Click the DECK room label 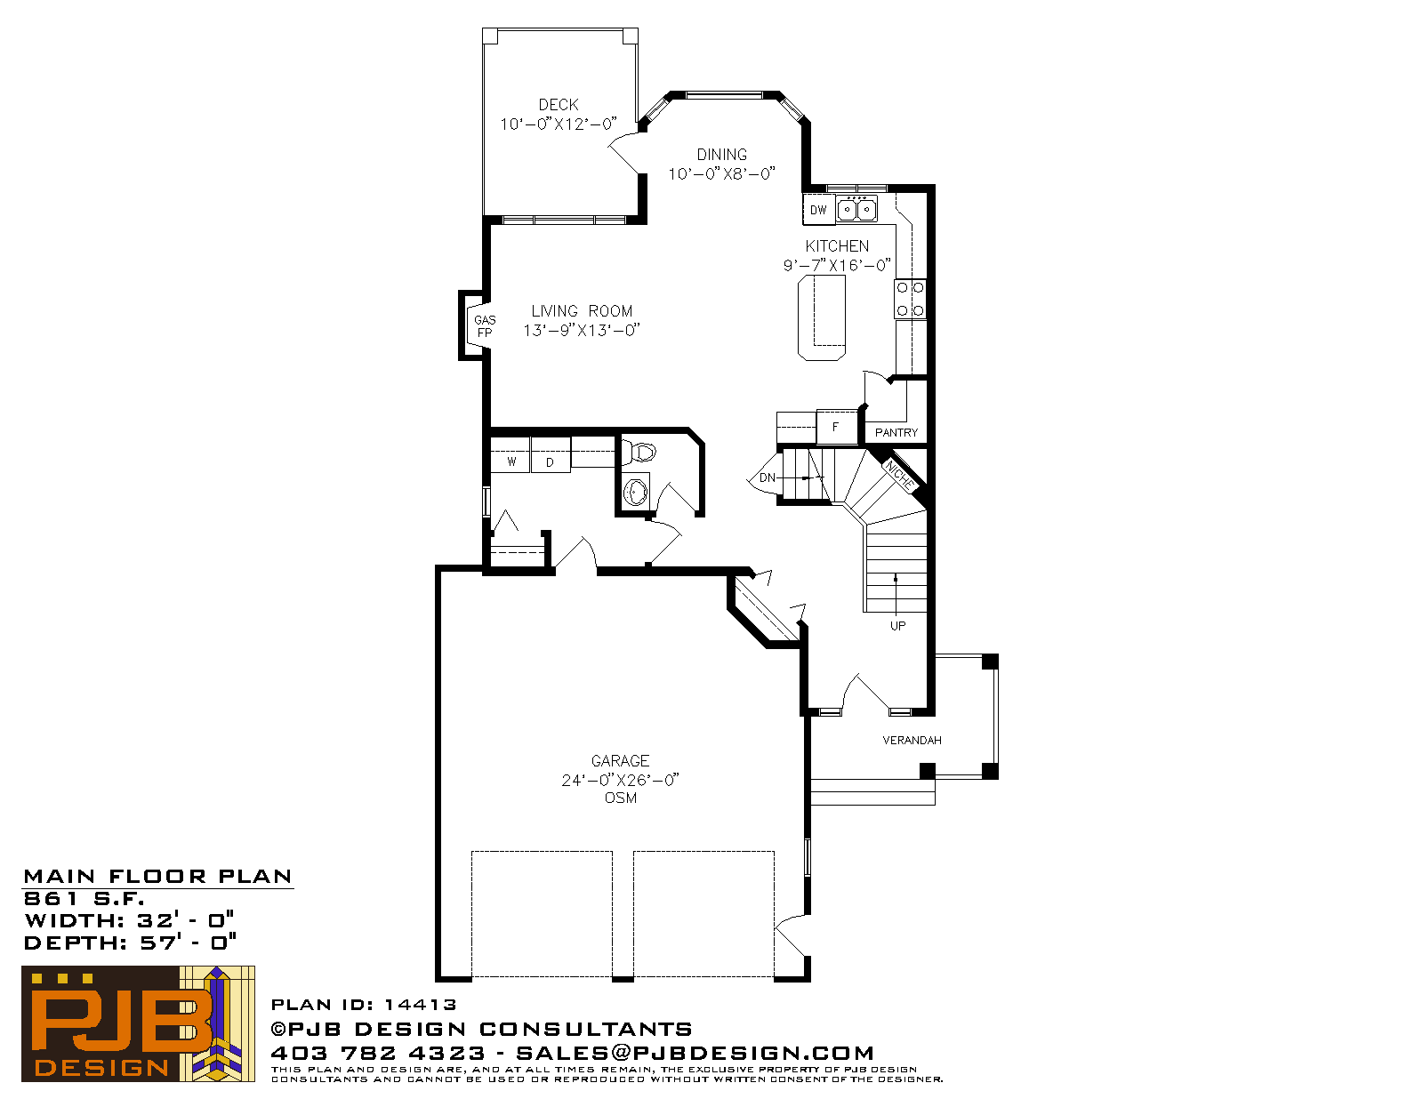point(558,105)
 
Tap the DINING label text point(721,155)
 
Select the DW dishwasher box point(818,210)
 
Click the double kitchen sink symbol point(856,210)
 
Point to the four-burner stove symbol point(910,299)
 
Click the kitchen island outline point(821,317)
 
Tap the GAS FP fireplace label point(485,326)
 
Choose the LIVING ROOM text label point(582,311)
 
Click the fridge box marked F point(836,427)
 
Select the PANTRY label point(896,433)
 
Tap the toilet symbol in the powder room point(639,453)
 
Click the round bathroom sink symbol point(635,492)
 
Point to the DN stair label point(767,477)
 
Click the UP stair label point(897,626)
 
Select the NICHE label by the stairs point(899,475)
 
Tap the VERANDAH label point(912,741)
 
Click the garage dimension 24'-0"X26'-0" point(620,780)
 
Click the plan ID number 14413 point(420,1004)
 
